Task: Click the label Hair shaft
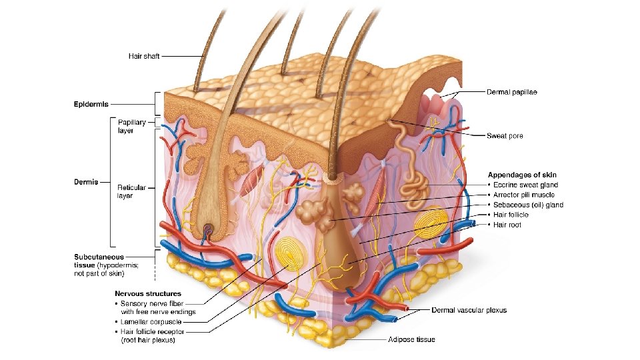(143, 56)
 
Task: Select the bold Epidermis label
(91, 104)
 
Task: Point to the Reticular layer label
(131, 192)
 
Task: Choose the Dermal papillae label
(511, 91)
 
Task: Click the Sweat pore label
(505, 136)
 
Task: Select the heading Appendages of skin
(522, 175)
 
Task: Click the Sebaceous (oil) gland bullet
(527, 205)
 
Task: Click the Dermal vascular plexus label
(469, 310)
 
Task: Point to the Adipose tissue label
(411, 339)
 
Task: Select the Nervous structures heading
(147, 293)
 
